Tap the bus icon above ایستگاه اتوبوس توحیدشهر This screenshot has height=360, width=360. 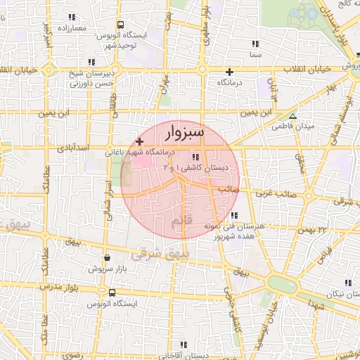[120, 24]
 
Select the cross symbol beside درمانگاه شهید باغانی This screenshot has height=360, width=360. [139, 142]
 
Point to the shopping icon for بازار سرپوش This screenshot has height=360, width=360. [107, 258]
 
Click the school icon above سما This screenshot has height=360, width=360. [255, 44]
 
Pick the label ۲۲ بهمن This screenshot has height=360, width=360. [313, 229]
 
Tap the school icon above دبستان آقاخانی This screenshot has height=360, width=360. [184, 345]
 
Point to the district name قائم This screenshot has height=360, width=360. [181, 222]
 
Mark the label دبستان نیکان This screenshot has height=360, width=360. [330, 293]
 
